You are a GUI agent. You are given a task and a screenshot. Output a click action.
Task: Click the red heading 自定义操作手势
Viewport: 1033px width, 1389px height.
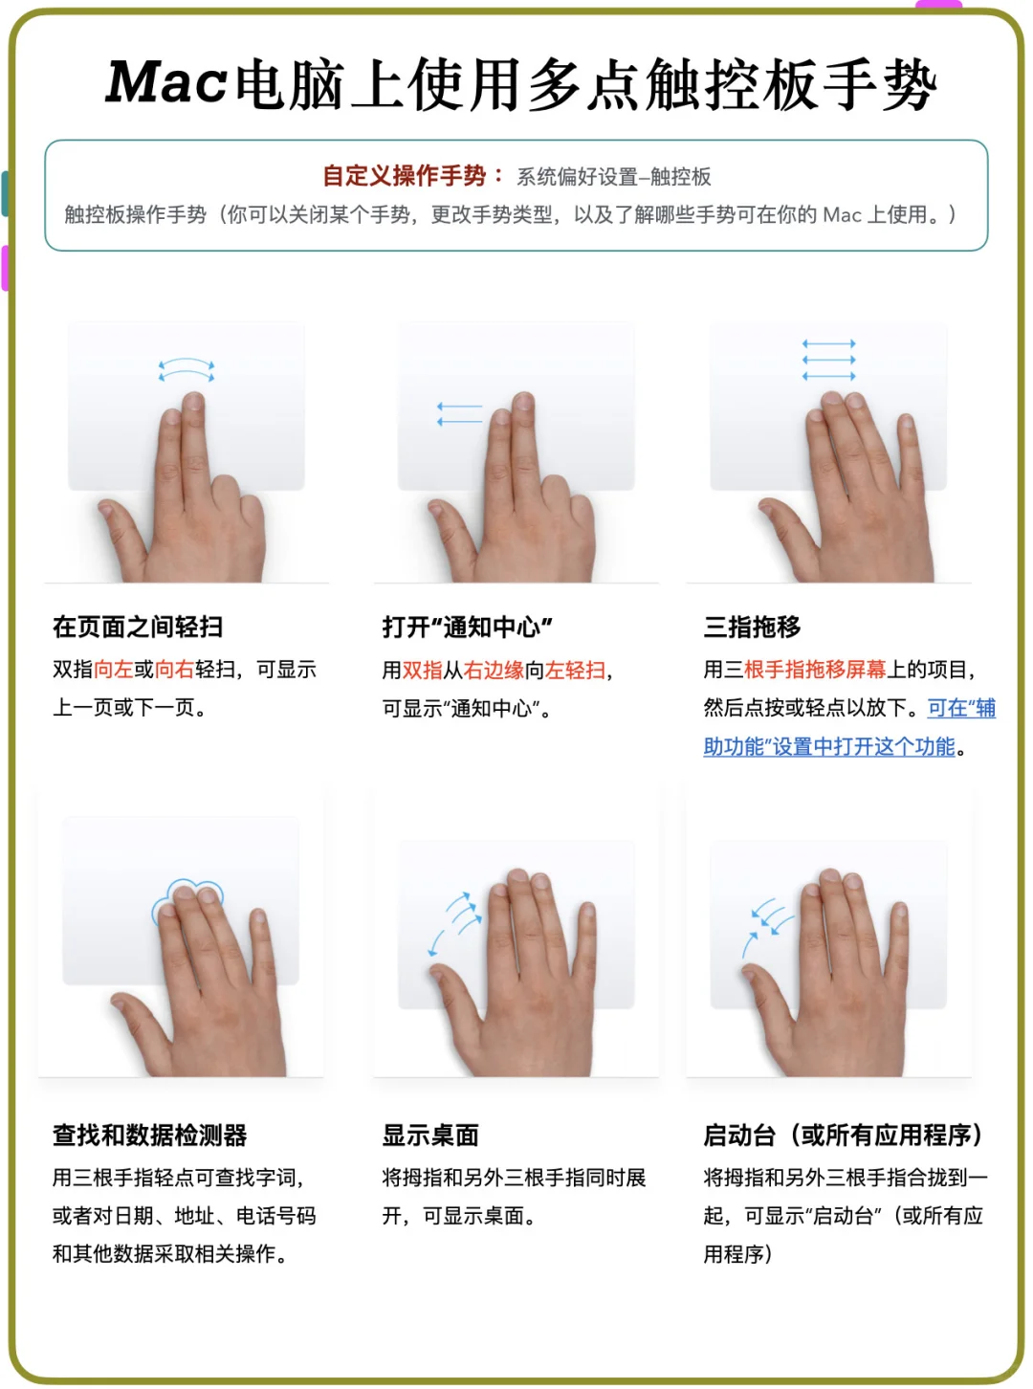point(404,176)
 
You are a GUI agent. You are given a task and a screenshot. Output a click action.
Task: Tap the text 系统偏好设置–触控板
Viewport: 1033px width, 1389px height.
point(614,177)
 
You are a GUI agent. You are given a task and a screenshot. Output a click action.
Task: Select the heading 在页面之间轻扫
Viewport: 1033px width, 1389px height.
point(138,627)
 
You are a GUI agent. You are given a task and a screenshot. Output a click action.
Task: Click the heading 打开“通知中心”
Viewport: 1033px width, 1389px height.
point(467,627)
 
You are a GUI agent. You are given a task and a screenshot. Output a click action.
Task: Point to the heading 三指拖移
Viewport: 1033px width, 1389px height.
point(752,627)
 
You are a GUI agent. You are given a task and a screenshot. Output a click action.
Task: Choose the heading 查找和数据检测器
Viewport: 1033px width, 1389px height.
point(149,1135)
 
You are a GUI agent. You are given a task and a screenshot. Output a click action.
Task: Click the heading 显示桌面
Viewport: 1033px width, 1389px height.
point(430,1135)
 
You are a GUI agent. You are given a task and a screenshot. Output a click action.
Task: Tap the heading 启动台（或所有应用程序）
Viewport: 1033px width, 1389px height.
point(843,1135)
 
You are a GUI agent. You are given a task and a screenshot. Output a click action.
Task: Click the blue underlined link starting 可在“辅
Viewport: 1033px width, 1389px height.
point(961,708)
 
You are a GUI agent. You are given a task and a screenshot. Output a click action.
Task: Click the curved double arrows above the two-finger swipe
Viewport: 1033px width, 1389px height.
point(187,370)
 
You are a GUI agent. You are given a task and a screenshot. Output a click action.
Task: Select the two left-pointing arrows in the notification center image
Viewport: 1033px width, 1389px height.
point(459,414)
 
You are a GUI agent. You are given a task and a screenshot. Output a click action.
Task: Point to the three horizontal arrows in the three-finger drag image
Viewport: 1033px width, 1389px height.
point(828,360)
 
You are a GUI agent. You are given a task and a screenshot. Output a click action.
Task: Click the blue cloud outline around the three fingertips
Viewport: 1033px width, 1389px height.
point(187,896)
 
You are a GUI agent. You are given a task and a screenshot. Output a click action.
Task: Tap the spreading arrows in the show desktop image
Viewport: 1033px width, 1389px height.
point(455,920)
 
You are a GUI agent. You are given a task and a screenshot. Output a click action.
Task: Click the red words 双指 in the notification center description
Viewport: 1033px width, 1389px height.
point(422,671)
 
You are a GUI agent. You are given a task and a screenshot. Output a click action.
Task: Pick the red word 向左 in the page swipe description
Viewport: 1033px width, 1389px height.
point(113,670)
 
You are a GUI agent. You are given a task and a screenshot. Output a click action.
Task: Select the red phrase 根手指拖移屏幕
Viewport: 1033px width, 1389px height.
point(815,670)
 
